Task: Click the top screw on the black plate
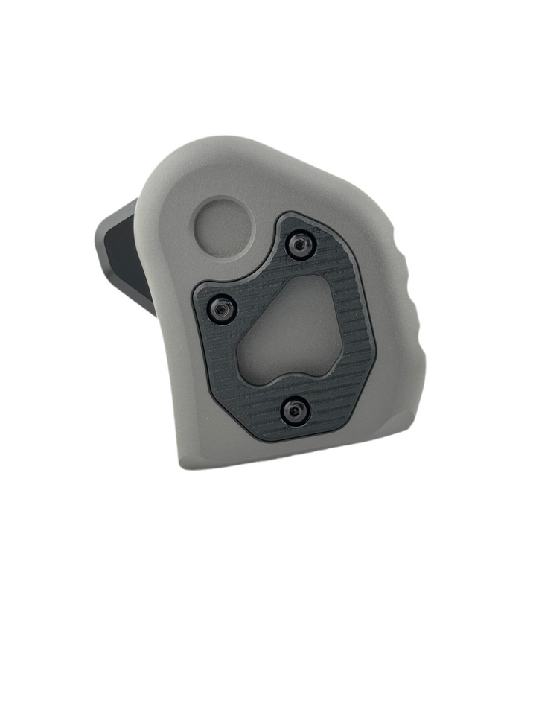(x=300, y=244)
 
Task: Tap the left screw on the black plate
(x=221, y=309)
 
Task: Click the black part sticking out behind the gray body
(x=123, y=253)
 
